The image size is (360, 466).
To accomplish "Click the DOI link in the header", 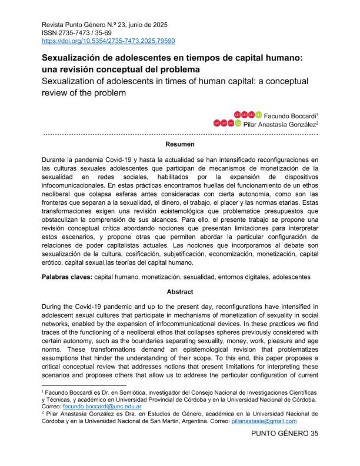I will (108, 41).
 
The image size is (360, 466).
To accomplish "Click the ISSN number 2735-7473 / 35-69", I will (76, 33).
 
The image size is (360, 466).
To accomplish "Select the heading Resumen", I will (179, 144).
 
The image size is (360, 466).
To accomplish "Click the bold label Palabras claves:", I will (66, 276).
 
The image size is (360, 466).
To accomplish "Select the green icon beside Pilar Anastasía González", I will (238, 123).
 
